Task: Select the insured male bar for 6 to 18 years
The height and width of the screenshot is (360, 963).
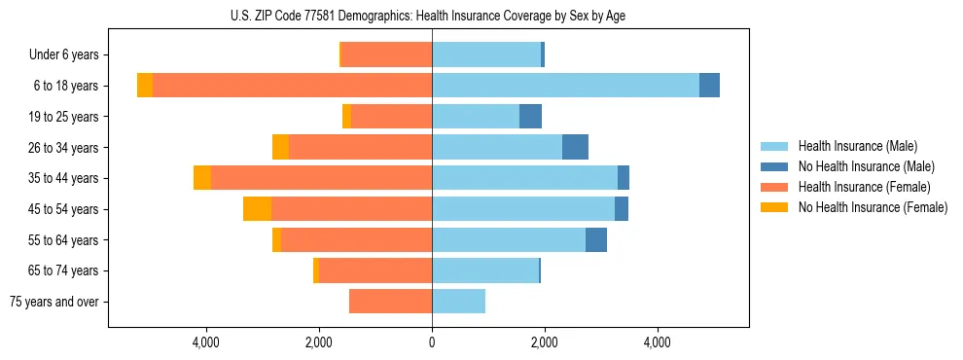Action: pos(565,86)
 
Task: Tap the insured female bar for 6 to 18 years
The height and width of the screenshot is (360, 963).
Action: pos(292,86)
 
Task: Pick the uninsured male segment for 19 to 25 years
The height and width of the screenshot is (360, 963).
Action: pos(530,117)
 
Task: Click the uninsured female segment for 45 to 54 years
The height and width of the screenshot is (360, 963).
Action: pos(257,209)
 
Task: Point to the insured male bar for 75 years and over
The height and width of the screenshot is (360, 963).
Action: pos(458,302)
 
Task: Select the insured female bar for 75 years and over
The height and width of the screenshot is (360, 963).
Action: pos(390,302)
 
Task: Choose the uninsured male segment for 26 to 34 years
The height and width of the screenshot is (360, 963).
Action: pos(575,147)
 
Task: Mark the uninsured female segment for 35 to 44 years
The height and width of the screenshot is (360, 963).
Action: pos(202,178)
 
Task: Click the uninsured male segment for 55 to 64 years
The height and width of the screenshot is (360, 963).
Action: pos(596,239)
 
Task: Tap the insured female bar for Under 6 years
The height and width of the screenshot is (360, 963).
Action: pos(386,54)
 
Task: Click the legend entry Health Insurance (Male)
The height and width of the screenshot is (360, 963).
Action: pos(857,146)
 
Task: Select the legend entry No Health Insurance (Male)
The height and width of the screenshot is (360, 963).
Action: pos(866,166)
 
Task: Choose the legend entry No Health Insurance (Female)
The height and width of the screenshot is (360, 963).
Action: pos(873,207)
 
